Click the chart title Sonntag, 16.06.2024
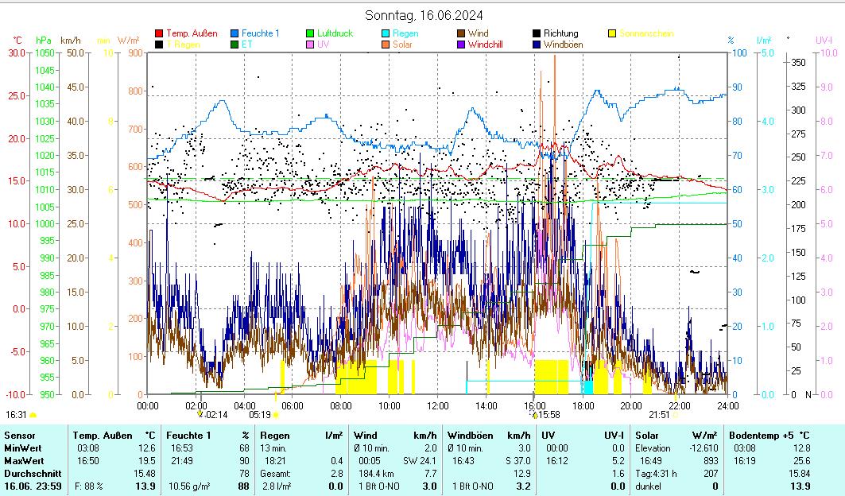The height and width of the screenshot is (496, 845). pyautogui.click(x=424, y=15)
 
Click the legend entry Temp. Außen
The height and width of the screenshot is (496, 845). pyautogui.click(x=191, y=33)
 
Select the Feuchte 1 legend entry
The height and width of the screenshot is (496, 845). pyautogui.click(x=260, y=33)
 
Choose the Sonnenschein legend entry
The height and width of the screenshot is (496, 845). pyautogui.click(x=645, y=33)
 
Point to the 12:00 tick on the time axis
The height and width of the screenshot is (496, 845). pyautogui.click(x=438, y=405)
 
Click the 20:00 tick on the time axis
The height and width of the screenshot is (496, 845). pyautogui.click(x=631, y=405)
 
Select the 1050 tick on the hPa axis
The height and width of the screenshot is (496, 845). pyautogui.click(x=45, y=52)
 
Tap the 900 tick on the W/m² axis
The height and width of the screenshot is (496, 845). pyautogui.click(x=134, y=52)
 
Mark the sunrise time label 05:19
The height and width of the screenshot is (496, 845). pyautogui.click(x=260, y=414)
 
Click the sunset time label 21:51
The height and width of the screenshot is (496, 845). pyautogui.click(x=659, y=414)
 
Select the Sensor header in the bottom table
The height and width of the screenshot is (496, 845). pyautogui.click(x=20, y=436)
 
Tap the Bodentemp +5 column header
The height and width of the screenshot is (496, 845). pyautogui.click(x=760, y=436)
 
